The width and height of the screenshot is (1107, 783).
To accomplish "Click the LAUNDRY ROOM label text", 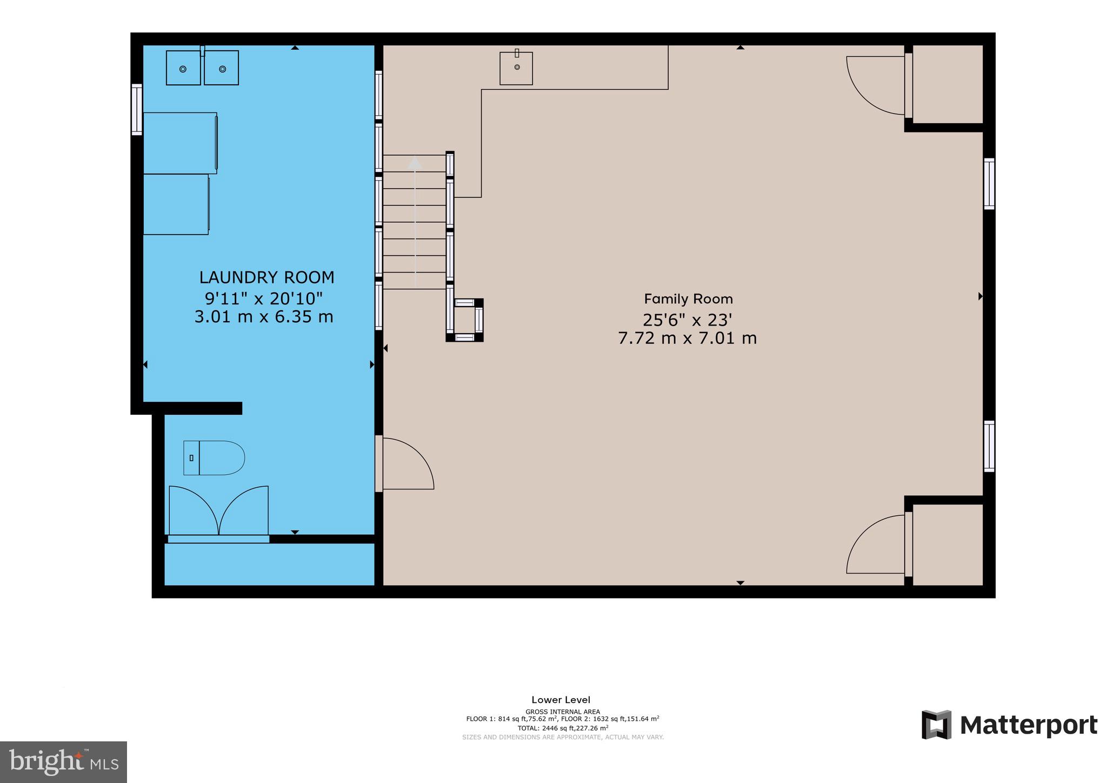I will pos(266,277).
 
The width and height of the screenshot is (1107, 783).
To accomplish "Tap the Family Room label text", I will pos(688,299).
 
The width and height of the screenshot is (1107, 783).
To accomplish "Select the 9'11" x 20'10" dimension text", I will pos(264,298).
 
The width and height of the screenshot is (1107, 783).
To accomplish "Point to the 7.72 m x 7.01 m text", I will pos(687,339).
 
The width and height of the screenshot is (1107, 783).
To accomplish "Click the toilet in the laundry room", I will pos(215,458).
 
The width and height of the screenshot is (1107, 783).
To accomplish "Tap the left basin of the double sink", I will pos(183,68).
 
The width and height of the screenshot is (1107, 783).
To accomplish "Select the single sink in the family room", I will pos(516,68).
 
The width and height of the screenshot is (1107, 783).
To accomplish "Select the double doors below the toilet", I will pos(218,511).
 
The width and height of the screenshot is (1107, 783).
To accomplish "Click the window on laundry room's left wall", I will pos(137,109).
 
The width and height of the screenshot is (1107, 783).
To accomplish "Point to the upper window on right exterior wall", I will pos(989,184).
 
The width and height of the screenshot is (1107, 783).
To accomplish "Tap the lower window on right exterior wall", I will pos(989,446).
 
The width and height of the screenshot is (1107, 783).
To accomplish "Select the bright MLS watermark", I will pos(64,762).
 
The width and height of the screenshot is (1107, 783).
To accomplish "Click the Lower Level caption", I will pos(561,700).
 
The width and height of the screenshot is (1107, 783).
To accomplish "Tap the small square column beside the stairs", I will pos(464,320).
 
